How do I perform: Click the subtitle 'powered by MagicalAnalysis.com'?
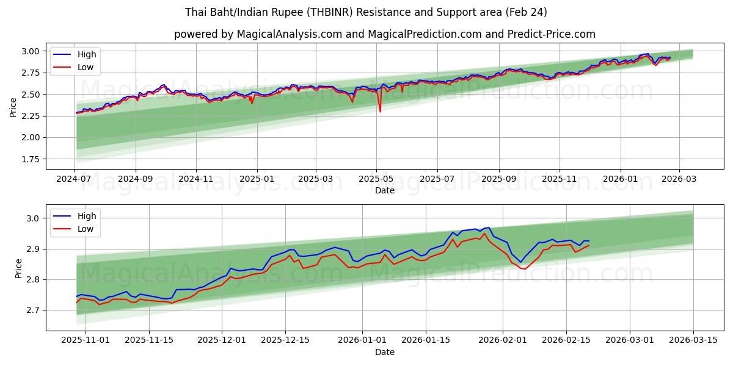click(384, 34)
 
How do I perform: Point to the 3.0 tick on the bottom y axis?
click(34, 218)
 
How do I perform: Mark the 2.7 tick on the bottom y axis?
click(34, 310)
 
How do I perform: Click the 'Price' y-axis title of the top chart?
click(13, 107)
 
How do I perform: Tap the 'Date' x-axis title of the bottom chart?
click(384, 352)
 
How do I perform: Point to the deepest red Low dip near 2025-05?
click(380, 112)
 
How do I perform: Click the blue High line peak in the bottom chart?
click(487, 228)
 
